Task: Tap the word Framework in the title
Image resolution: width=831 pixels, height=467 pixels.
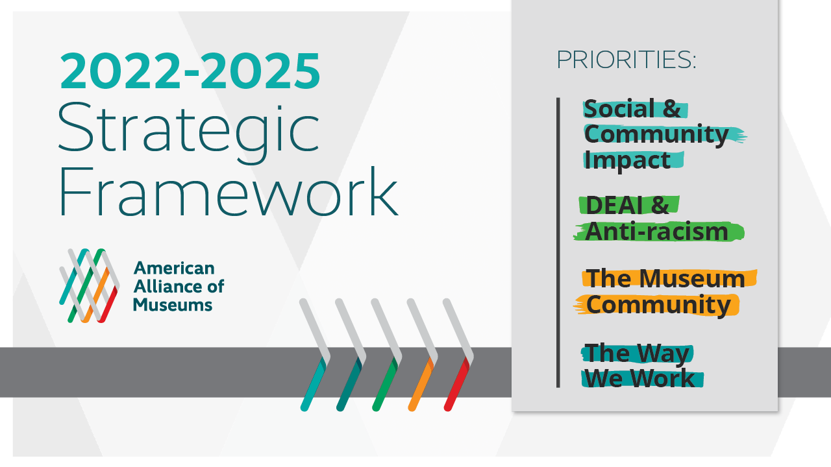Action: (229, 192)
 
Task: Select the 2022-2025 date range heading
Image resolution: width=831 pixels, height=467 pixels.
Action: (190, 71)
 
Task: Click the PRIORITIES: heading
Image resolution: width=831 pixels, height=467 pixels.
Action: (626, 60)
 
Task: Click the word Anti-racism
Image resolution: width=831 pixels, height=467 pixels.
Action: (656, 232)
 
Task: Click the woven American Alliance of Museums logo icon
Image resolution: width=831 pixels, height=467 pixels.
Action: (89, 285)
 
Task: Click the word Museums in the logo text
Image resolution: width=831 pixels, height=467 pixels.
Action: (173, 305)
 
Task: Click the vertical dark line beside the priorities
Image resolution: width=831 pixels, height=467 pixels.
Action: (558, 243)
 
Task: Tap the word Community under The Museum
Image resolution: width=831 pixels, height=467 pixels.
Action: (658, 305)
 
